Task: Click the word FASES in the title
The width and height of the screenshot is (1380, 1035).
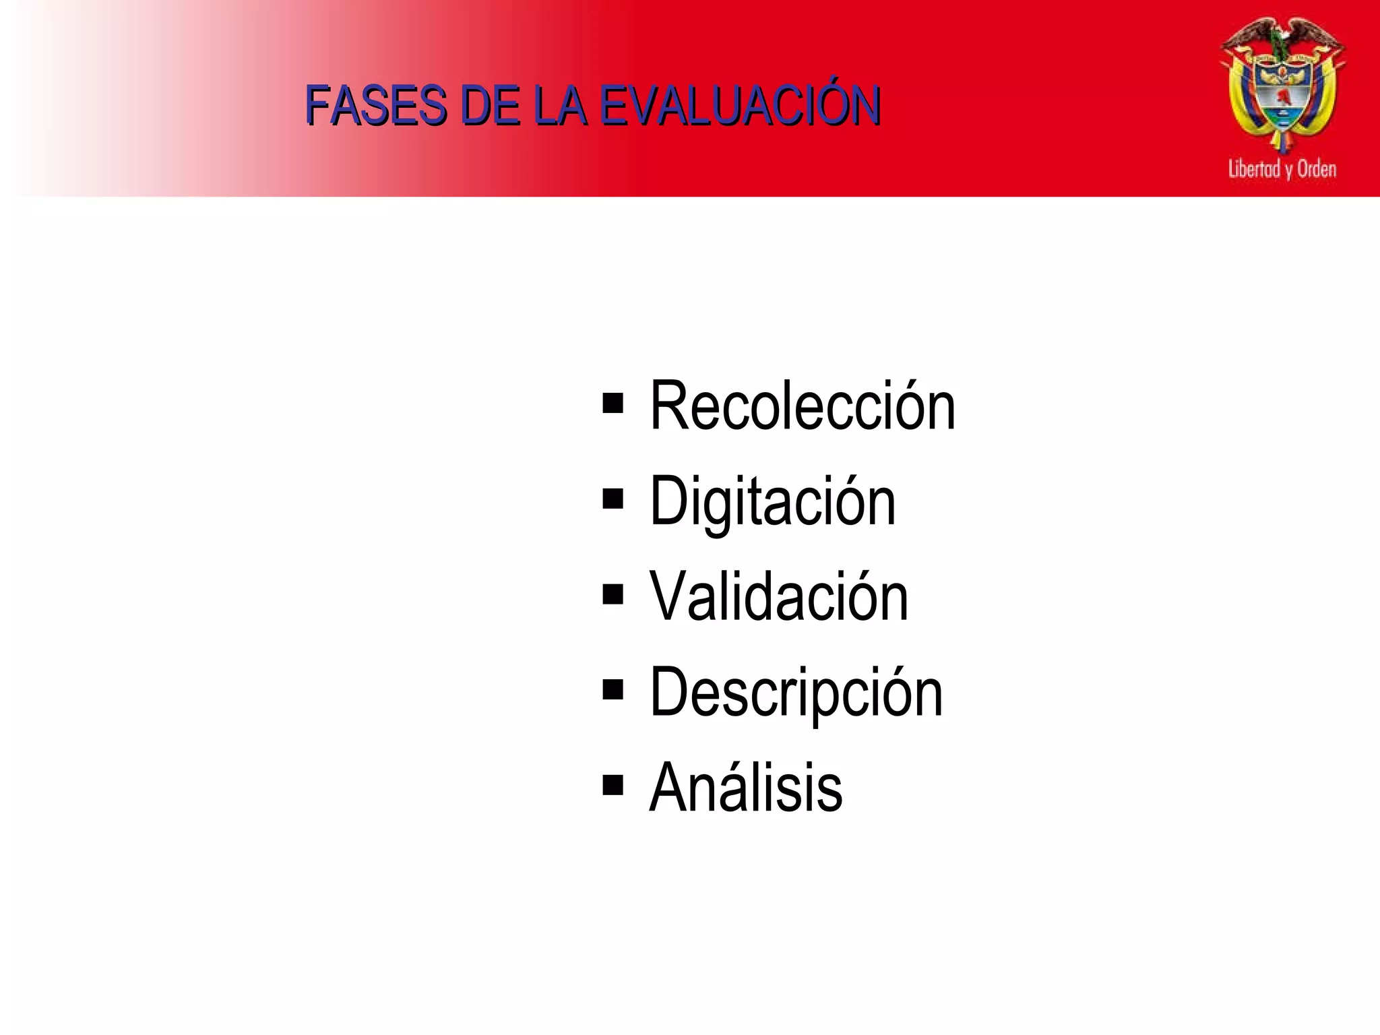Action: pos(375,106)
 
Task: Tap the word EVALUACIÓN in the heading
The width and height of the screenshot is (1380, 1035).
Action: pos(740,106)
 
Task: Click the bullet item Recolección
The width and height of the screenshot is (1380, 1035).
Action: pos(802,406)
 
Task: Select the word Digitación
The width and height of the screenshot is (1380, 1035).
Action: pos(772,502)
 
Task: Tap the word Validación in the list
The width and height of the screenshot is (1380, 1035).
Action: pos(778,597)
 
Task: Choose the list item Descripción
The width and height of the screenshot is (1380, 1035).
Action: pos(796,693)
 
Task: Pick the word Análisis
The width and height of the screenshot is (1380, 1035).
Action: pos(745,787)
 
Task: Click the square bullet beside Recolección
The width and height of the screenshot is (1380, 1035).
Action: pos(613,404)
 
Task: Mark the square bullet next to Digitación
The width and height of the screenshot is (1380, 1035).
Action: pos(613,499)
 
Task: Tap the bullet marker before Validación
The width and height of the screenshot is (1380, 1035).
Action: pos(613,594)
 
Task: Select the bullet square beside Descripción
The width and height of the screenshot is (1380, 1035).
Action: pos(613,689)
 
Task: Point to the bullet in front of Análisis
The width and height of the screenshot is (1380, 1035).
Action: pos(613,785)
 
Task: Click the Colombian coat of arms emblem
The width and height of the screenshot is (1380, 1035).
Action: pos(1282,88)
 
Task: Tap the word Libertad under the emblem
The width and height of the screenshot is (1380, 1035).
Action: pos(1254,168)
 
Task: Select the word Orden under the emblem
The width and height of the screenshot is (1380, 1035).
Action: pos(1317,168)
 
